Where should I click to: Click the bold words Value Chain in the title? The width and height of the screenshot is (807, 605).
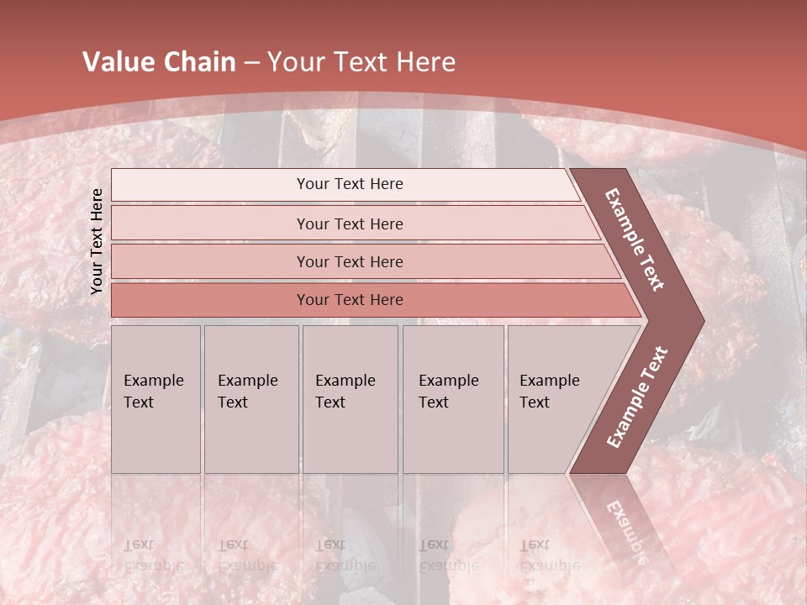[159, 62]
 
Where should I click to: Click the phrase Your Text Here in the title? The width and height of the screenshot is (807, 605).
[361, 62]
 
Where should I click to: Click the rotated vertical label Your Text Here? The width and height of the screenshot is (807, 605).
[97, 241]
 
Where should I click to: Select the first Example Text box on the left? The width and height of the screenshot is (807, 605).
[156, 399]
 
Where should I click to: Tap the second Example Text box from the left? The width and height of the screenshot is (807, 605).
[251, 399]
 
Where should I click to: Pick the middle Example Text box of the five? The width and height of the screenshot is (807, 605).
[350, 399]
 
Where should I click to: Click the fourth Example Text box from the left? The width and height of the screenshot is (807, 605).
[452, 399]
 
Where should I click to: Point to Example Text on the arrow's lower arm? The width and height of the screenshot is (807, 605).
[636, 397]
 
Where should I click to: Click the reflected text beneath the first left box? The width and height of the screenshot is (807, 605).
[153, 555]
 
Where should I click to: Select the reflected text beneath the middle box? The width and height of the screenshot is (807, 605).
[345, 555]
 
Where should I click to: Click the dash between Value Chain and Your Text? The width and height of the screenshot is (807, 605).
[251, 63]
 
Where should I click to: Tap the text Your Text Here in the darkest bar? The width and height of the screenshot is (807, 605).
[350, 300]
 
